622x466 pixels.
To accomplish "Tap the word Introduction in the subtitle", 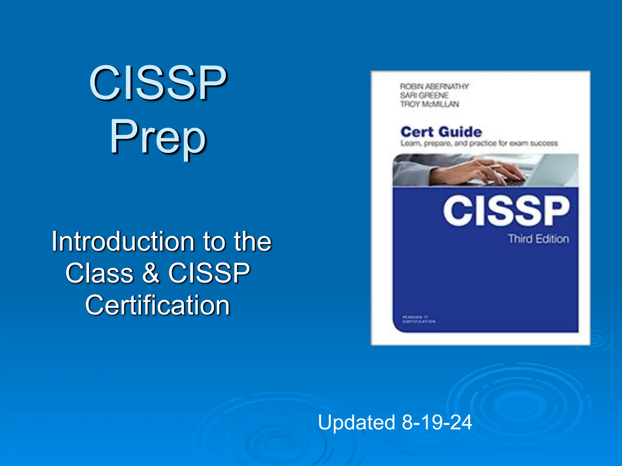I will (x=123, y=241).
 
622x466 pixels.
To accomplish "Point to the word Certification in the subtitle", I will (x=157, y=305).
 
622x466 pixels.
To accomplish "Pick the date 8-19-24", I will (x=437, y=422).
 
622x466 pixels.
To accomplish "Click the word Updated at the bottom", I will (x=356, y=422).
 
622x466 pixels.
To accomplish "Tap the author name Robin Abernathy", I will (x=434, y=86).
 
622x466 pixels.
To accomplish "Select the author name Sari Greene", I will (x=424, y=95).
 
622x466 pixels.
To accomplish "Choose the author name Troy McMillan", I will (x=429, y=104).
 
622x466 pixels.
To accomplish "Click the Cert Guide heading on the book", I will (x=441, y=132).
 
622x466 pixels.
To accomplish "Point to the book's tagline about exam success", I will (x=479, y=143).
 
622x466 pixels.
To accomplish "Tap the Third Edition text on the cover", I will (x=538, y=239).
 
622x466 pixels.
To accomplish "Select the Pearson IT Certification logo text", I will (x=419, y=319).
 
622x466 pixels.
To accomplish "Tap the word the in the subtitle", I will (x=252, y=241).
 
